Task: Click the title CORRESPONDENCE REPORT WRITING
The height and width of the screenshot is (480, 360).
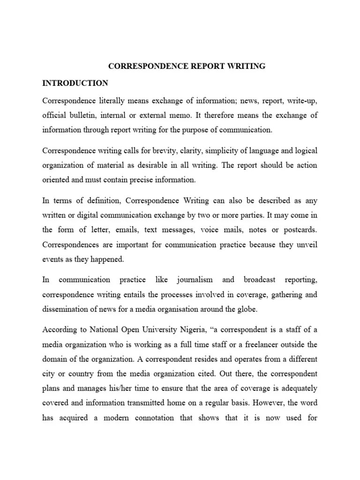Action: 187,67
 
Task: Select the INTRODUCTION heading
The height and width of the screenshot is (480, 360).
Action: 75,83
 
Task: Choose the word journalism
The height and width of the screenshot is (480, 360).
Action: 195,280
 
